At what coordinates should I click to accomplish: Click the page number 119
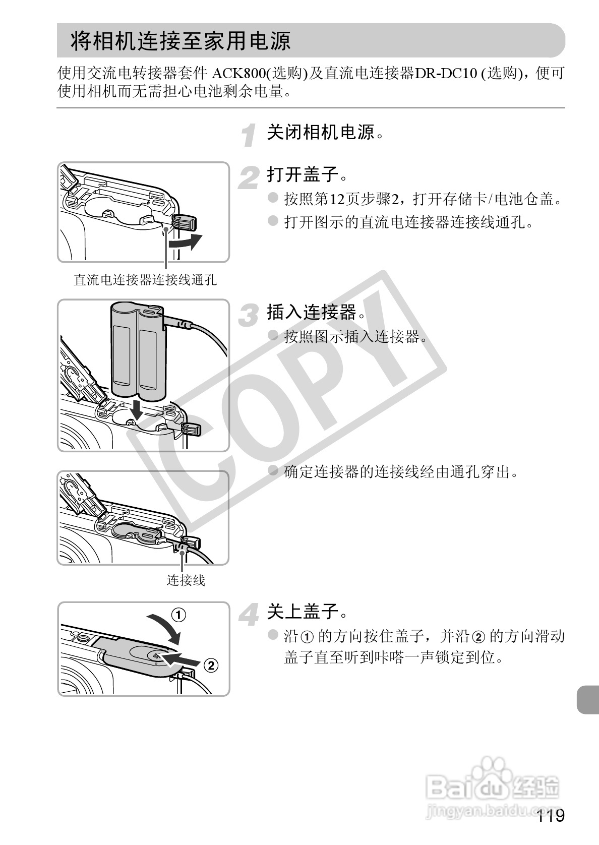(551, 815)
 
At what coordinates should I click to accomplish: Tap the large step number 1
(249, 135)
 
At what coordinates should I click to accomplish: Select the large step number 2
(249, 177)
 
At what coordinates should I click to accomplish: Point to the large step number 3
(249, 315)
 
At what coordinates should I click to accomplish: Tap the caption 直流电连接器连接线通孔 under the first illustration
(145, 279)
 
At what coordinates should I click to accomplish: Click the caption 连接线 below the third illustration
(186, 580)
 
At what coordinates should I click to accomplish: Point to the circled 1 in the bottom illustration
(179, 615)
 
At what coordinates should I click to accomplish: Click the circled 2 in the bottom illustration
(211, 665)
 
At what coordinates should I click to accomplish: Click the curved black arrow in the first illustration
(186, 242)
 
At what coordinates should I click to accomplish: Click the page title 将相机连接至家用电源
(181, 41)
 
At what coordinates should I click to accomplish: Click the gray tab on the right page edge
(588, 700)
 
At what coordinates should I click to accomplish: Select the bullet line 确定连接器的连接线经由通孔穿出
(401, 471)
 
